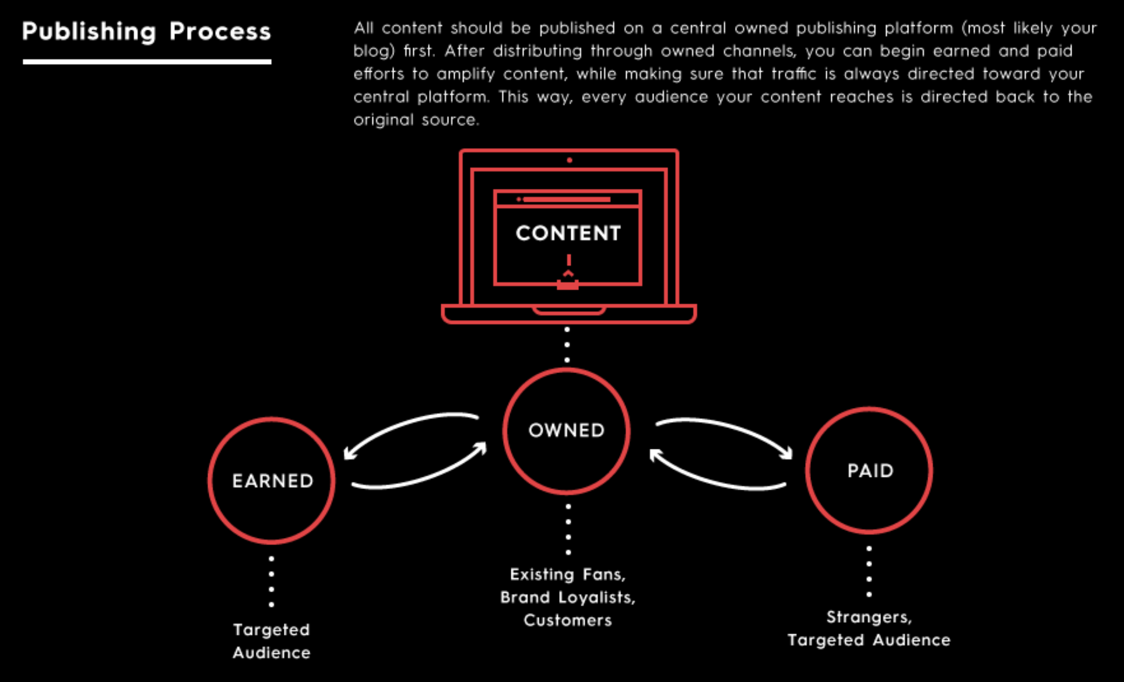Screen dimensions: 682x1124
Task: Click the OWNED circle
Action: [x=566, y=431]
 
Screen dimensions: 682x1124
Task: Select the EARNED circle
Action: [x=272, y=481]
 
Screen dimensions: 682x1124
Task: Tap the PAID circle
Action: [x=869, y=470]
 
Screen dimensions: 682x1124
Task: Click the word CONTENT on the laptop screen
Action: [x=568, y=233]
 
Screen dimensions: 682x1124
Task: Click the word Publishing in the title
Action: [x=89, y=31]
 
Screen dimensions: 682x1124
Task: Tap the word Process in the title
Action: [x=220, y=31]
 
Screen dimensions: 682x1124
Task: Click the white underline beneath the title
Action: [x=147, y=61]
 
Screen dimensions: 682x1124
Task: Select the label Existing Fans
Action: [x=567, y=575]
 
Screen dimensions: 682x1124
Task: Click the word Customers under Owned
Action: [x=567, y=620]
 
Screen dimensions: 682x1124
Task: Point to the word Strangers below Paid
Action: [x=869, y=617]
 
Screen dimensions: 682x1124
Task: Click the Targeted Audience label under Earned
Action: [x=272, y=641]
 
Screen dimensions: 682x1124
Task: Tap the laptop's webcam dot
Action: [x=569, y=160]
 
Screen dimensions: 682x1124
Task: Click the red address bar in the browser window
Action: [x=566, y=199]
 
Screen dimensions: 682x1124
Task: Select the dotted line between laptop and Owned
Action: [x=567, y=345]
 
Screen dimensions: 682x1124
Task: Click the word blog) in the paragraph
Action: [x=374, y=51]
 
